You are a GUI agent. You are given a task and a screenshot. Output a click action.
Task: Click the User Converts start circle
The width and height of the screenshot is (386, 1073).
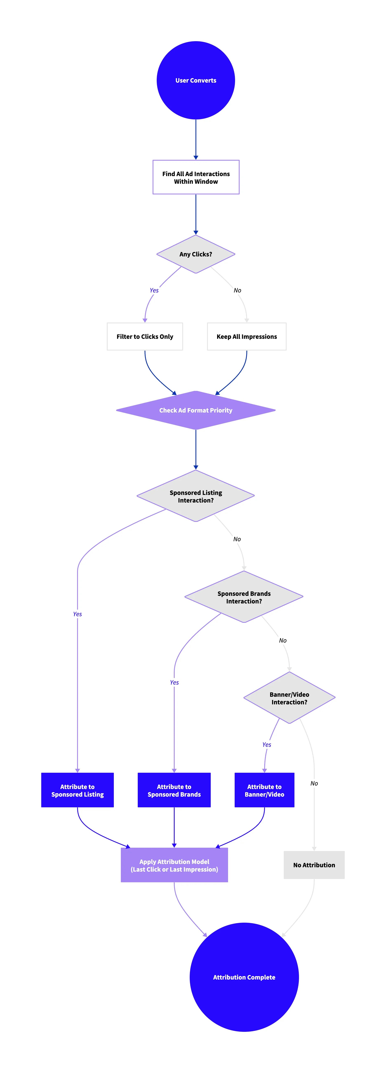coord(195,80)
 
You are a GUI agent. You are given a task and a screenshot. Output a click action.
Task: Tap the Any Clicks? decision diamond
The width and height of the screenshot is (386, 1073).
coord(195,254)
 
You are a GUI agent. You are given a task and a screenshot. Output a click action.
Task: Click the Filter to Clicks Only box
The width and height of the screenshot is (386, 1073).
coord(145,337)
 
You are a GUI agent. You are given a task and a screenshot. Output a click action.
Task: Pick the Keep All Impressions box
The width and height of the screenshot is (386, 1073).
coord(246,337)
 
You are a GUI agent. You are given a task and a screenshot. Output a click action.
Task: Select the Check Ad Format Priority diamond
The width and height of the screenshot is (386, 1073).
coord(195,410)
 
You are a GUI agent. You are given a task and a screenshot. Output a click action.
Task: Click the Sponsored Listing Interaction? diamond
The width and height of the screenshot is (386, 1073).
coord(195,496)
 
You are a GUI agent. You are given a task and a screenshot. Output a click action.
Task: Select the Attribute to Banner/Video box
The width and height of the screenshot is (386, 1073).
coord(264,790)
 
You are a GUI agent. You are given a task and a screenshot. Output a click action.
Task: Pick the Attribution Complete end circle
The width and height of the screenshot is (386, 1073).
coord(244,977)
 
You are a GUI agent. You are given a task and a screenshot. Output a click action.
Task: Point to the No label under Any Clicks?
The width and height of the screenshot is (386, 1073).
coord(237,290)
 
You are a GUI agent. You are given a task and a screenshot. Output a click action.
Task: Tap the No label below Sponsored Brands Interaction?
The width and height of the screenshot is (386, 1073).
coord(283,640)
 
